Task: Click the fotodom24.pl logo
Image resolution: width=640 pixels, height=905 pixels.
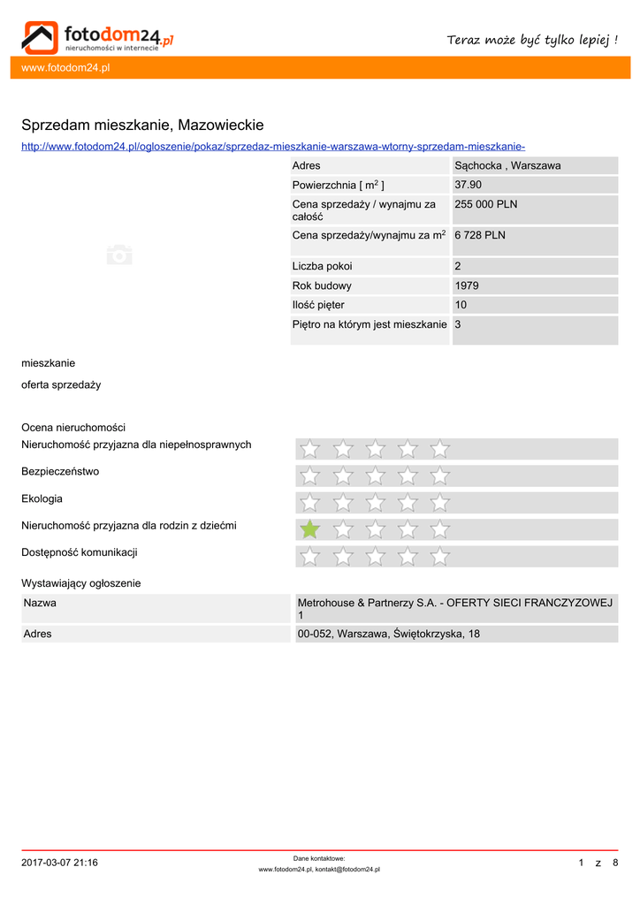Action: coord(97,36)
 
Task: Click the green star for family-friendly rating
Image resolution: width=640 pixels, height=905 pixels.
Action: coord(309,529)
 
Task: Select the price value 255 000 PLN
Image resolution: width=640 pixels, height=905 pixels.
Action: coord(486,204)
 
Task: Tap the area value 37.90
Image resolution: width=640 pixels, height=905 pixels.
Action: coord(468,185)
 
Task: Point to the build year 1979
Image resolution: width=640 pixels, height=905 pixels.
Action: coord(467,285)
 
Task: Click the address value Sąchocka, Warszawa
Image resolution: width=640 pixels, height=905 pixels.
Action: coord(507,165)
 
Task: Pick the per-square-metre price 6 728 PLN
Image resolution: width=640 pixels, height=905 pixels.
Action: coord(480,235)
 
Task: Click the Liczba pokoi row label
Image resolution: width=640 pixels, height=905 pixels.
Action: coord(322,266)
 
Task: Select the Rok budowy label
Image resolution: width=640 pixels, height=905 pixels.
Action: coord(322,285)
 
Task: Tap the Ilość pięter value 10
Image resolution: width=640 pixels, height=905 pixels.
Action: coord(461,305)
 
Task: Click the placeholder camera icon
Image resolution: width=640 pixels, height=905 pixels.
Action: coord(119,255)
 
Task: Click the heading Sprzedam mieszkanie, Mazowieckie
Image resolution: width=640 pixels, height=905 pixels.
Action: coord(142,125)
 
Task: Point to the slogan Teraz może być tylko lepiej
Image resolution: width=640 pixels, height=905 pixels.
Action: coord(532,40)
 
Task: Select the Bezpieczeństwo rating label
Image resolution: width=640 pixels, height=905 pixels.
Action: coord(60,472)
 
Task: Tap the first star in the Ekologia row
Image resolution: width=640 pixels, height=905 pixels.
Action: coord(309,503)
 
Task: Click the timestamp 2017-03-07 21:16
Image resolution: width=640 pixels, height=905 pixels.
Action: coord(59,863)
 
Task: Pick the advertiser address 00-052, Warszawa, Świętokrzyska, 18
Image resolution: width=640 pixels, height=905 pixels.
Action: coord(389,634)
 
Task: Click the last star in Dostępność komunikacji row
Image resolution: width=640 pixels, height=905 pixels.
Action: coord(439,557)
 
